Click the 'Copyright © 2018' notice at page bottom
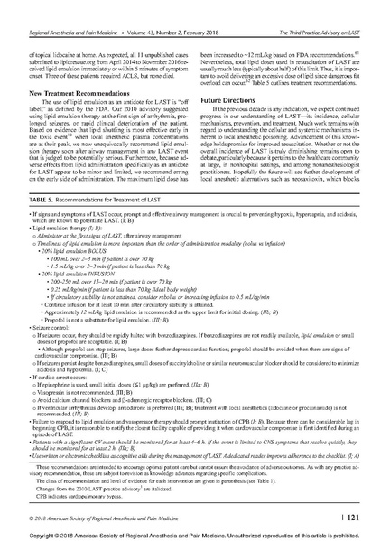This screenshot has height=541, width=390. (x=195, y=533)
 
